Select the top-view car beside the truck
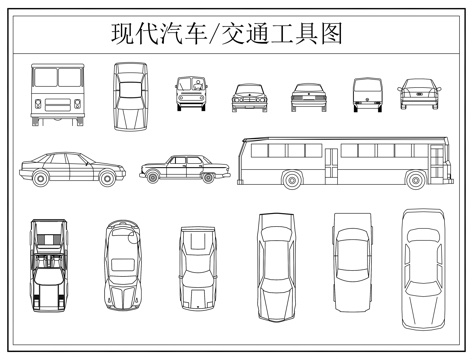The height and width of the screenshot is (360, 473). [129, 96]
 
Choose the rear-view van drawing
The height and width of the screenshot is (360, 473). [367, 96]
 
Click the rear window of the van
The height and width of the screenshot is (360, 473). [367, 87]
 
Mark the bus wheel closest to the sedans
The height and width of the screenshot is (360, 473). [291, 180]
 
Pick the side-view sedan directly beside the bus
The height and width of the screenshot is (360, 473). [184, 170]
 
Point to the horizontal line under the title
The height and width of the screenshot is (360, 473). [236, 51]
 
